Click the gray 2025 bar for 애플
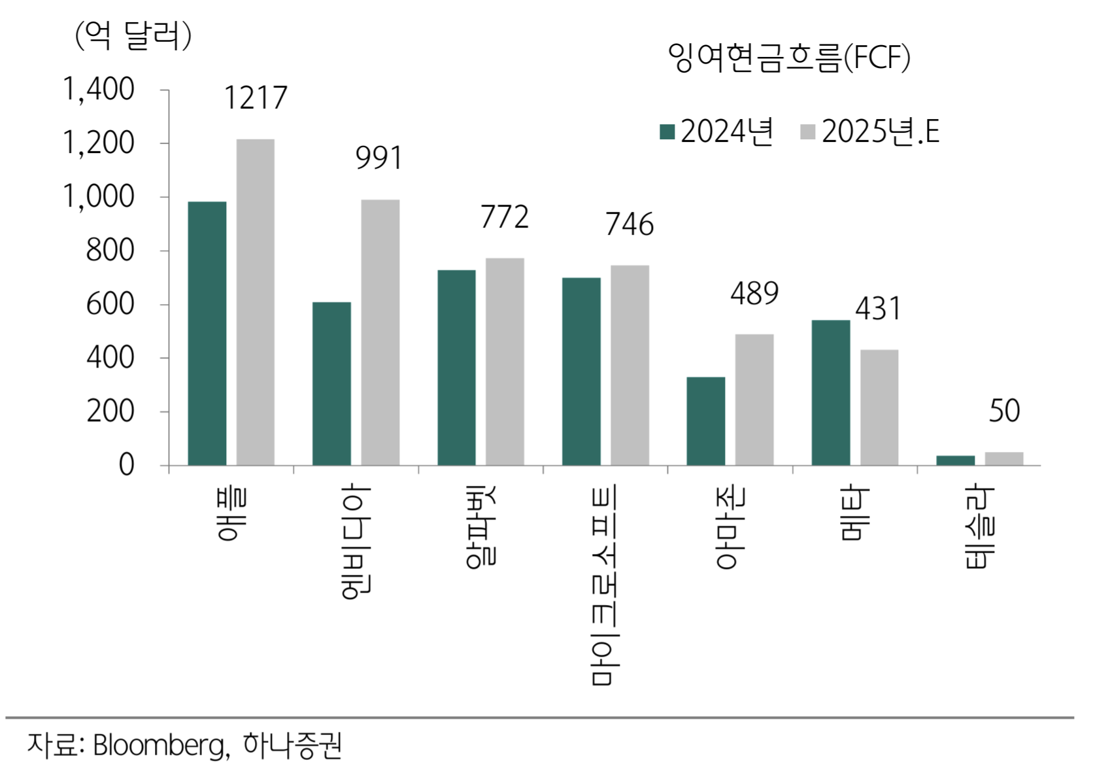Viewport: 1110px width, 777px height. (255, 302)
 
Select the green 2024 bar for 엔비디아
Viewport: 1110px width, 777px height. (331, 384)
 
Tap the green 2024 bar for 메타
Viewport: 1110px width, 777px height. (830, 392)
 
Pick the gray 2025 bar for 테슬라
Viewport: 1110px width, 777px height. (1003, 458)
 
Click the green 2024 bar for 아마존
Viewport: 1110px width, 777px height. (705, 421)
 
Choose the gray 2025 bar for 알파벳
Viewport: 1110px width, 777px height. (505, 362)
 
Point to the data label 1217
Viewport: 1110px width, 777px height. (255, 99)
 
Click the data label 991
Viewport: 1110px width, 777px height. (378, 158)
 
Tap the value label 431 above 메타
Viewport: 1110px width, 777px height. (878, 309)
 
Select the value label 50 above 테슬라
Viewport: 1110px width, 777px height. (1003, 411)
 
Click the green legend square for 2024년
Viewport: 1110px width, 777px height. (667, 132)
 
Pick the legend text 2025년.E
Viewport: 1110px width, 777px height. (880, 132)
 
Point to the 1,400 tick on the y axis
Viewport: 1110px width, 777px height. (99, 90)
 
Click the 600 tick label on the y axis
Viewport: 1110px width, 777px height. (110, 305)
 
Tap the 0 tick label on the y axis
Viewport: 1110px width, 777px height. (126, 465)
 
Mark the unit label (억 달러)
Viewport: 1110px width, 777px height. (133, 36)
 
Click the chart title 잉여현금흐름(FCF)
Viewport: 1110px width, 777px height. (788, 58)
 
